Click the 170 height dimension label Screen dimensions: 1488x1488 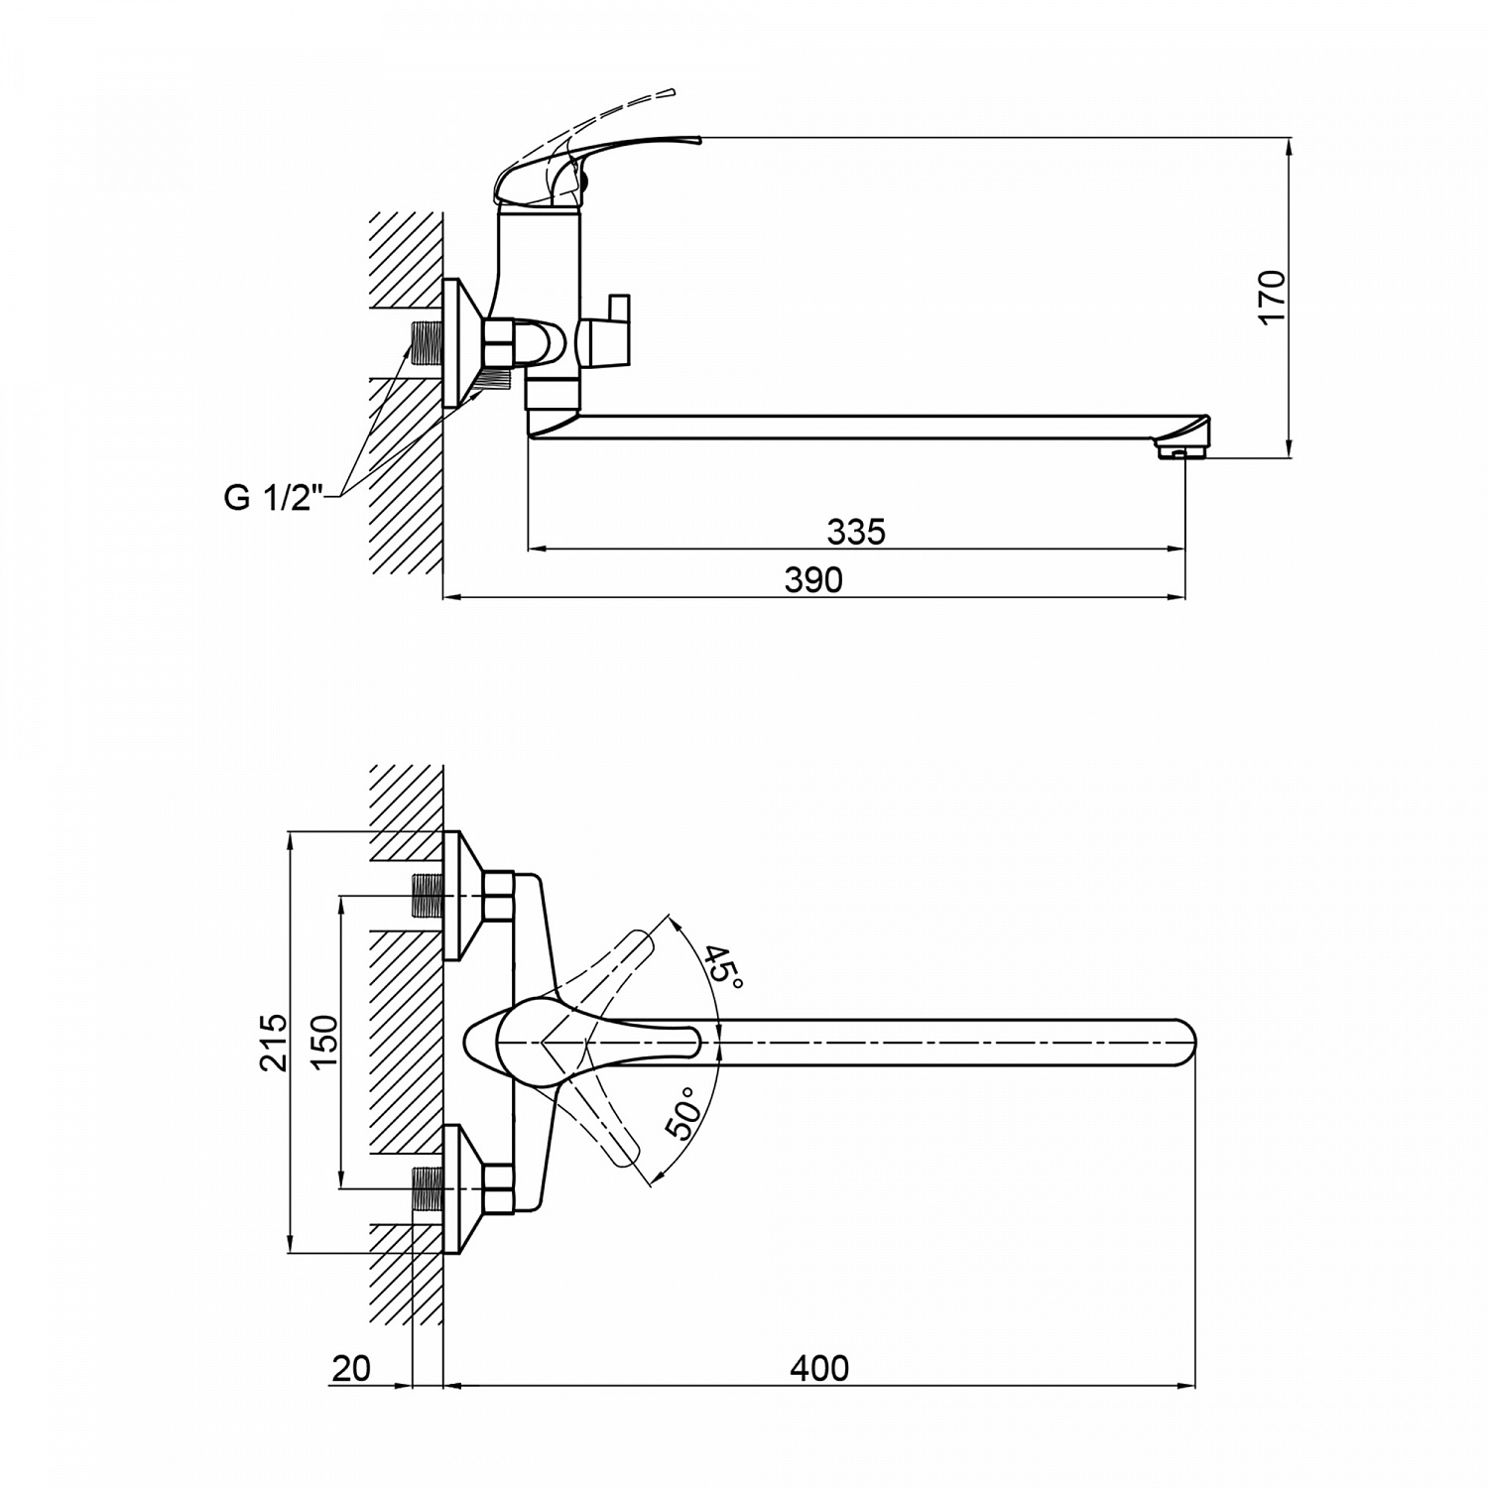[1271, 295]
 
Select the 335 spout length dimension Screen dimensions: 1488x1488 [855, 532]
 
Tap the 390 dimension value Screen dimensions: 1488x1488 [813, 579]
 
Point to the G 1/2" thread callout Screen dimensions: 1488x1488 [267, 497]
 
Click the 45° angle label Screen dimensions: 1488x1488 [722, 967]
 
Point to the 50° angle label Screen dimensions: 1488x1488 [683, 1114]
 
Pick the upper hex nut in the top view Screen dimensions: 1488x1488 [498, 895]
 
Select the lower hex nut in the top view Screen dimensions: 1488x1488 [498, 1187]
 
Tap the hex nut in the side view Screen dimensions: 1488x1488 [498, 343]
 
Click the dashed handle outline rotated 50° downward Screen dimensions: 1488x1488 [607, 1131]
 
